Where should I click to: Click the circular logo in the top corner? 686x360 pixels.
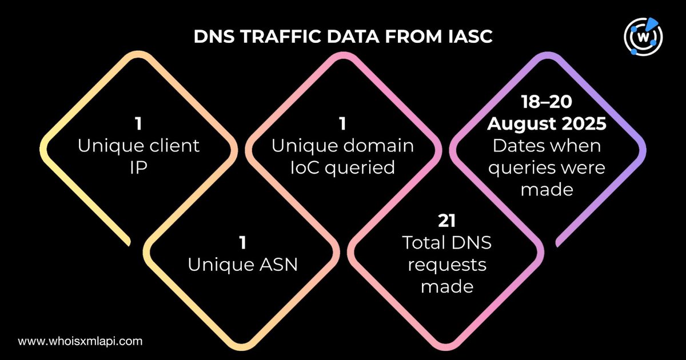(644, 39)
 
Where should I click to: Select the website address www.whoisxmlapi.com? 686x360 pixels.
(79, 341)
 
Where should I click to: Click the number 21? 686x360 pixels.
(446, 220)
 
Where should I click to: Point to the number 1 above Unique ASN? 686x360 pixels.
(243, 243)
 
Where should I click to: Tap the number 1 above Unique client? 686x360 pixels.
(139, 123)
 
